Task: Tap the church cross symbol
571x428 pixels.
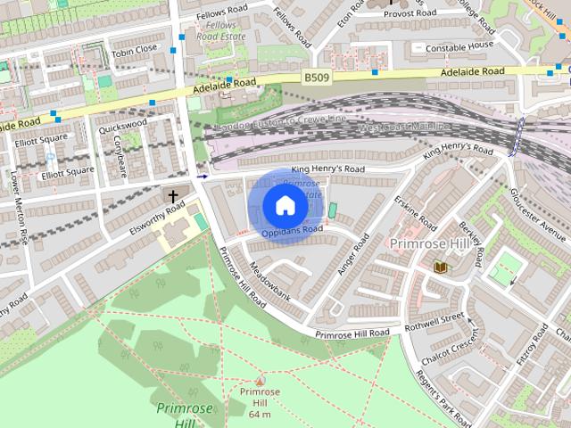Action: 173,195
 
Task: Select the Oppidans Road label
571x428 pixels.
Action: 294,230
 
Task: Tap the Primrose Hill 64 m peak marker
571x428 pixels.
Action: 260,381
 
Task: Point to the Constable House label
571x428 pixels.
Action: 459,45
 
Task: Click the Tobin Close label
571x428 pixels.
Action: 135,49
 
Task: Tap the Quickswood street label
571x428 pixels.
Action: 123,127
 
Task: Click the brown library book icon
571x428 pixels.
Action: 440,267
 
